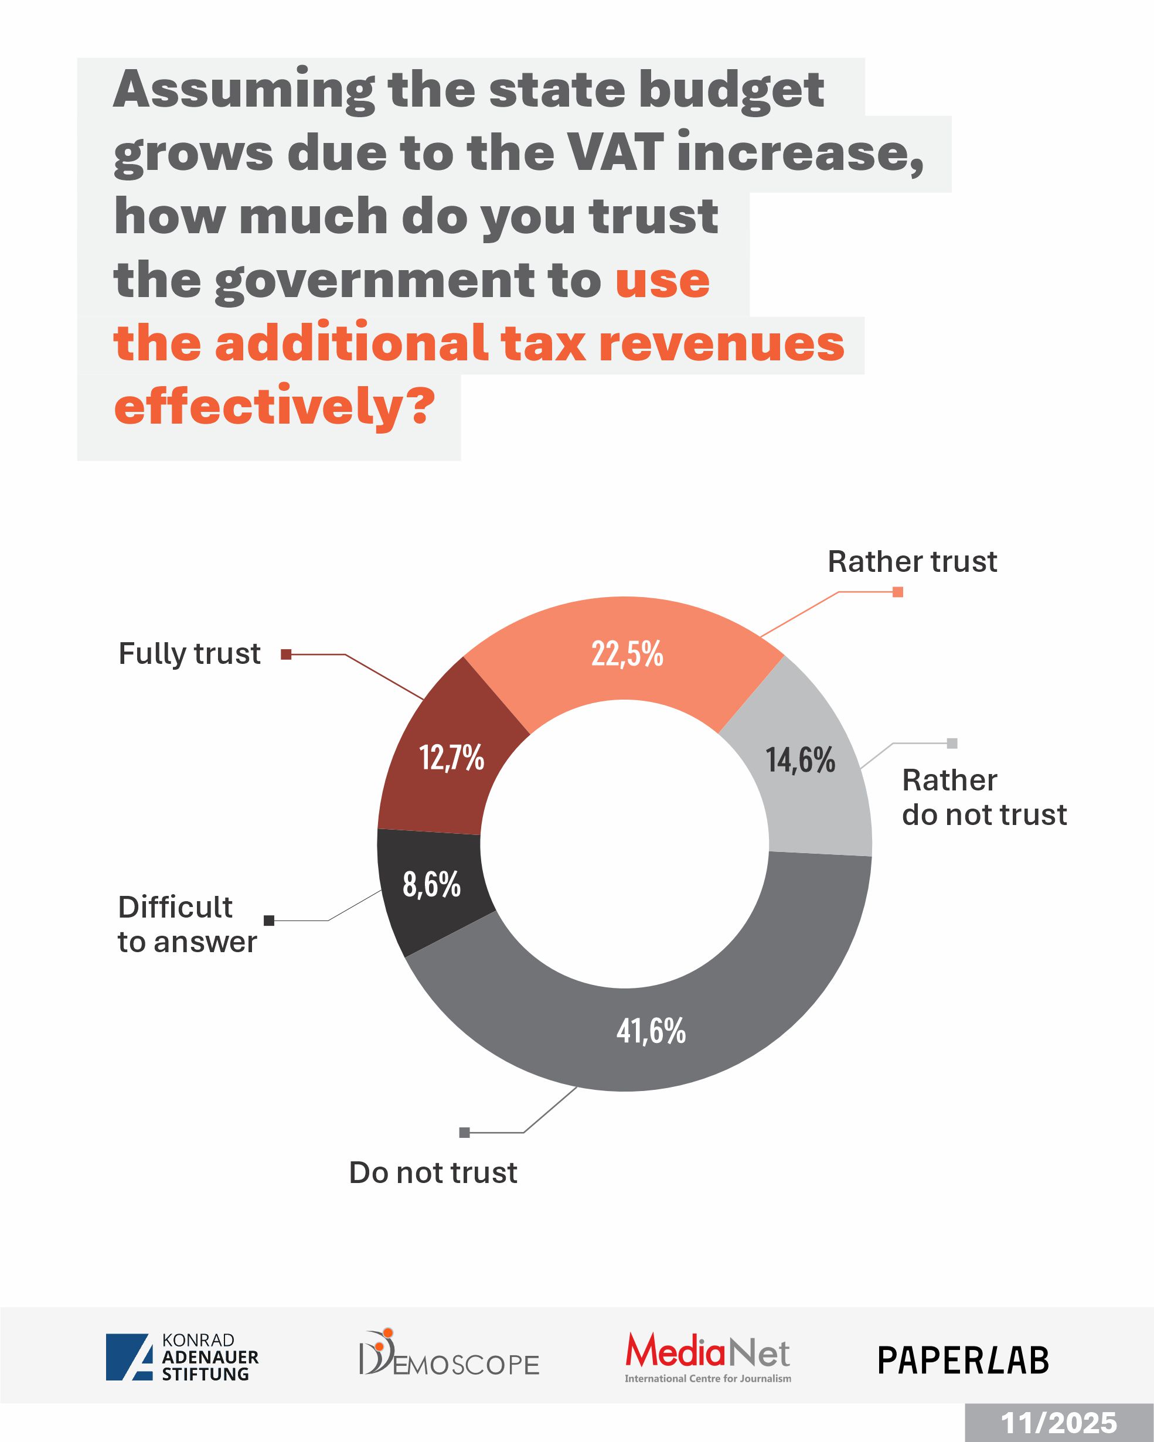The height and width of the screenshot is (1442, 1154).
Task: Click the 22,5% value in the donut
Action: coord(627,653)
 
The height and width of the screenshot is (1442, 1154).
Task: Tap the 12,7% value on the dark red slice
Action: coord(451,758)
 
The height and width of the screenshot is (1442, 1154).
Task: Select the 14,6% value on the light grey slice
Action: coord(800,760)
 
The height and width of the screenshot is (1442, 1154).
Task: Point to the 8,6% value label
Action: coord(431,884)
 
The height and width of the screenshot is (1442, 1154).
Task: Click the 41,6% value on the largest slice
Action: coord(651,1031)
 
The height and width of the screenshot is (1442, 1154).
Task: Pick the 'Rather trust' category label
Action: coord(912,562)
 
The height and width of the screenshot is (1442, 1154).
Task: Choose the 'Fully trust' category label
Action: coord(189,653)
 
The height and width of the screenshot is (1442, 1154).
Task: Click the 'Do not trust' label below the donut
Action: coord(433,1172)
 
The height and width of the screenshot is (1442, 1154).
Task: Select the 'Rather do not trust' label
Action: coord(984,797)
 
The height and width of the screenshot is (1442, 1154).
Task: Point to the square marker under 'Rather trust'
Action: coord(898,592)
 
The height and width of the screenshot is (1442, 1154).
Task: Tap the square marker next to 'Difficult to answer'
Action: coord(269,921)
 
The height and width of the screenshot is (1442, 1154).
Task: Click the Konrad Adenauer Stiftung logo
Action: coord(182,1357)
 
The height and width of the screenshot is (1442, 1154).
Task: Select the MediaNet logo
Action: coord(708,1357)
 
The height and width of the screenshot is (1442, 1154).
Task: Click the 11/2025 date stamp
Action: coord(1058,1423)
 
